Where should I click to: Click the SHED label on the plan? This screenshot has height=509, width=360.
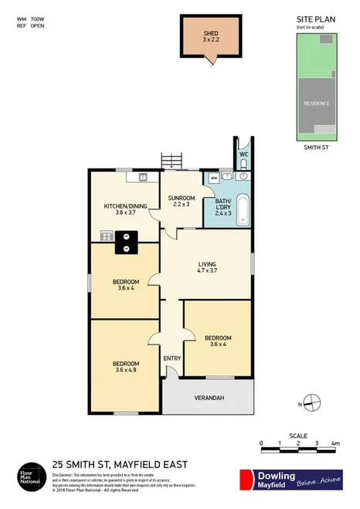pos(211,33)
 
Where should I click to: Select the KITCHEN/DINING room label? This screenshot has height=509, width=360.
pos(125,206)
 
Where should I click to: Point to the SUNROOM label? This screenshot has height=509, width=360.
pos(182,199)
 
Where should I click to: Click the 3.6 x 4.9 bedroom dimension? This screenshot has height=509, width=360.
pos(126,371)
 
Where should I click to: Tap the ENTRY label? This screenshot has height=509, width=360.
pos(172,358)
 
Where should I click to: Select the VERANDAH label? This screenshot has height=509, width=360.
pos(208,398)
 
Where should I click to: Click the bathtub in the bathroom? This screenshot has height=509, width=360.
pos(243,209)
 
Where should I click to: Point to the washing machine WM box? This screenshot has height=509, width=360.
pos(213,177)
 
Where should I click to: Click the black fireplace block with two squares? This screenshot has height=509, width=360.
pos(125,243)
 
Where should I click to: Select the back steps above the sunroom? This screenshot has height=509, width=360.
pos(172,160)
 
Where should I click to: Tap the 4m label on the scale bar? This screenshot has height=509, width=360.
pos(335,443)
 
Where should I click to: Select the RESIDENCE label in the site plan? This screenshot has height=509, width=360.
pos(316,103)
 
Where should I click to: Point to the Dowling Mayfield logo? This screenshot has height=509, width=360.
pos(290,479)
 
